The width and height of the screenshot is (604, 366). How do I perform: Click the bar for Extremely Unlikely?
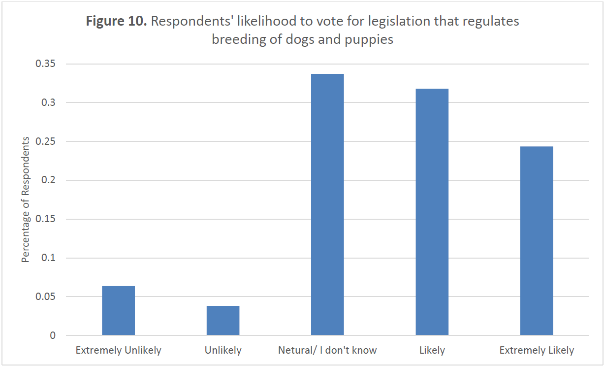pos(118,311)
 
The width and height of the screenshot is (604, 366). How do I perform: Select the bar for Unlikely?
pos(223,321)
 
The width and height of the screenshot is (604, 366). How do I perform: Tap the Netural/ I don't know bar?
pos(327,204)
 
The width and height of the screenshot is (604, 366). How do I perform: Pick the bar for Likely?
pos(432,212)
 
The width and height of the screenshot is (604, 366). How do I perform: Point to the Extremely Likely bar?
pos(537,241)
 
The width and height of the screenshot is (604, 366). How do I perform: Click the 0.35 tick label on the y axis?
pos(46,64)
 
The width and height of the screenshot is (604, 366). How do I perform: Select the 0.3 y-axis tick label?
pos(49,103)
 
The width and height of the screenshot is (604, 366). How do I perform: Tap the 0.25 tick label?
pos(46,142)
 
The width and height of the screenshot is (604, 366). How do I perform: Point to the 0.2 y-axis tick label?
pos(49,180)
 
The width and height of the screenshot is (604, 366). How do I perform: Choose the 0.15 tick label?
pos(46,219)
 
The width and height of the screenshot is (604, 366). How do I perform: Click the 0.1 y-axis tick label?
pos(49,258)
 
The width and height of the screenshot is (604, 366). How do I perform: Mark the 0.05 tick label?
pos(46,297)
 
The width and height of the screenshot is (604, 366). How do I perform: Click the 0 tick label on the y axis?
pos(53,336)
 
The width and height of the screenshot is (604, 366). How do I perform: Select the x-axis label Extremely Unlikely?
pos(118,351)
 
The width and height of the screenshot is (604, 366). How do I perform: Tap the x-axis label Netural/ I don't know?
pos(327,351)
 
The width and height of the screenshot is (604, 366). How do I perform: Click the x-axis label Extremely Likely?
pos(537,351)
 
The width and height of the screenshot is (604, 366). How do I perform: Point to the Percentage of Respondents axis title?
pos(26,200)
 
